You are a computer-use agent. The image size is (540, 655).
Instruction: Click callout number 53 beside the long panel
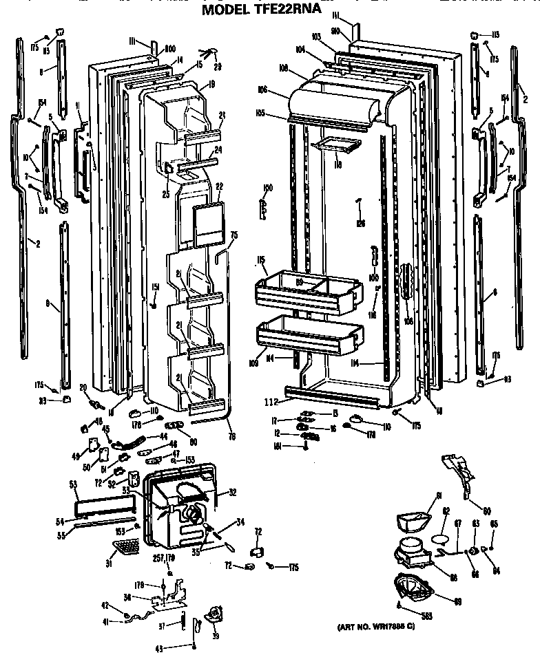click(x=73, y=484)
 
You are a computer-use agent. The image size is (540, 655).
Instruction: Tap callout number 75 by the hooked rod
click(x=233, y=236)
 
